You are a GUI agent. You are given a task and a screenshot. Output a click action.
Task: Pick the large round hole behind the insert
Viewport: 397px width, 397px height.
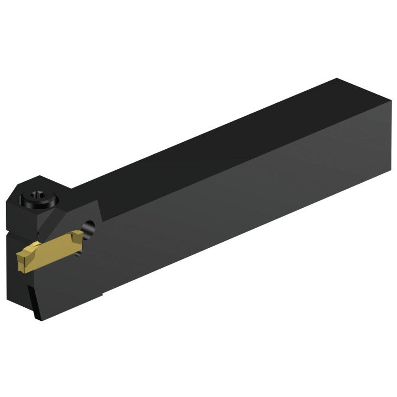pyautogui.click(x=88, y=227)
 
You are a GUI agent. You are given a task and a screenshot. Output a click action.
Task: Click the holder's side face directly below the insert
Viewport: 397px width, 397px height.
pyautogui.click(x=65, y=284)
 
